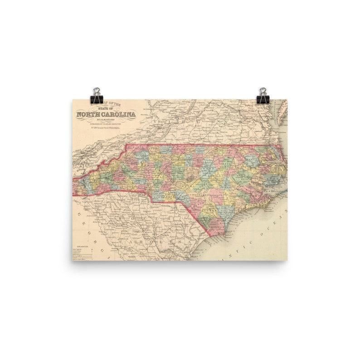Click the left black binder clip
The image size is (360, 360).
point(97,96)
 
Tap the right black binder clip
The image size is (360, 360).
point(263,96)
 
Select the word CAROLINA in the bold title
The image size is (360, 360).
point(119,115)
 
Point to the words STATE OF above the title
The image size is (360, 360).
point(106,109)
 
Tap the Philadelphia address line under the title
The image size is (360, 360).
point(106,128)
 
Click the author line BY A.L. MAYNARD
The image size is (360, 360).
point(106,120)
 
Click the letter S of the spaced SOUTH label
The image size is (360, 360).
point(120,218)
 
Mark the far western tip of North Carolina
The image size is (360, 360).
point(74,187)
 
